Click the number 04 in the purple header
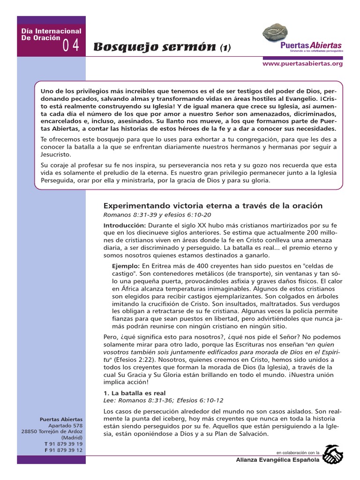(71, 45)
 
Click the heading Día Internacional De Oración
(52, 34)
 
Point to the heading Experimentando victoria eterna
(213, 205)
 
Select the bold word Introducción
(120, 225)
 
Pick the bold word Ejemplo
(126, 266)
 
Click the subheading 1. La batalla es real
(134, 393)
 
